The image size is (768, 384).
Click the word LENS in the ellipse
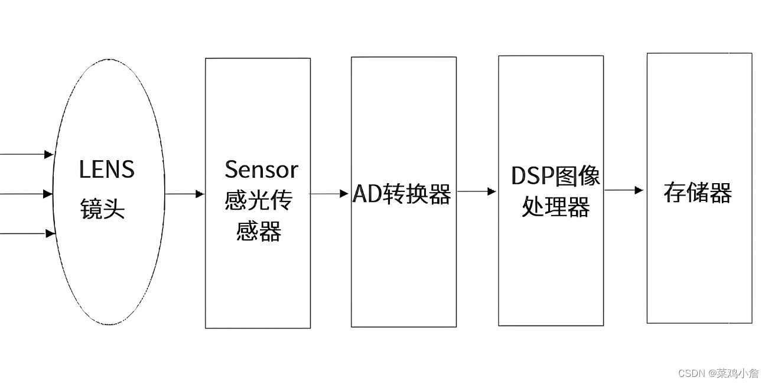point(107,170)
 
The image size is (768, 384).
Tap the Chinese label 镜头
point(103,209)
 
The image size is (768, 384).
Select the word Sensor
point(261,170)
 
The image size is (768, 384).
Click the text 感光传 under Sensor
point(258,201)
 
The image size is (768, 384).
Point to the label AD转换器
point(402,194)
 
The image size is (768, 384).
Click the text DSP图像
point(555,175)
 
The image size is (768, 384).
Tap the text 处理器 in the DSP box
point(555,207)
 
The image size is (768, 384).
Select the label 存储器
point(698,193)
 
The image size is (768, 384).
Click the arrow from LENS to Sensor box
point(184,194)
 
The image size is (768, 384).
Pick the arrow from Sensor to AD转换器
point(329,193)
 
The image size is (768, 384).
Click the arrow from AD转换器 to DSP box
point(476,191)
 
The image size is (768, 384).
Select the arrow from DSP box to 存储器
point(624,190)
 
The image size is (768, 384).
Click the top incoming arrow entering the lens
point(27,154)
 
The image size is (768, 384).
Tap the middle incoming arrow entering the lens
point(27,194)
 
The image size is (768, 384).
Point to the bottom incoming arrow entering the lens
point(27,234)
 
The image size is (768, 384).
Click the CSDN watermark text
point(692,373)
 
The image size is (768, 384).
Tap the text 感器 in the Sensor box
point(258,231)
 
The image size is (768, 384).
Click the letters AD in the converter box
point(367,194)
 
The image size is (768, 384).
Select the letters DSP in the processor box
point(530,175)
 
